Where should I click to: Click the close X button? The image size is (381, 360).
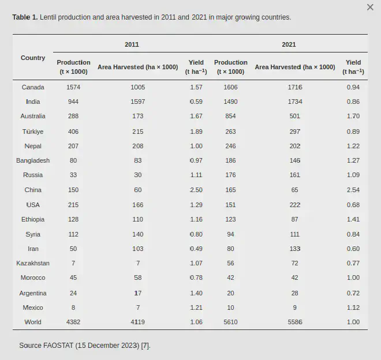point(370,7)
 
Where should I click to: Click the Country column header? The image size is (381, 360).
point(33,58)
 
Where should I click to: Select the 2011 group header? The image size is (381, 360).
point(132,44)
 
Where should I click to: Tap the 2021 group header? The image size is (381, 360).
point(289,44)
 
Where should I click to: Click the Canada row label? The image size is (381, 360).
point(33,87)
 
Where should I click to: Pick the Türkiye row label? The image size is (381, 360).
point(33,132)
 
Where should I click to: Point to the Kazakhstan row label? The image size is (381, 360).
point(33,263)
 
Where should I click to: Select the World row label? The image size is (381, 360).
point(33,322)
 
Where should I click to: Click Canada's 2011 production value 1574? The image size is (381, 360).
point(73,87)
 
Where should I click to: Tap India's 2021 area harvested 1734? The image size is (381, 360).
point(295,102)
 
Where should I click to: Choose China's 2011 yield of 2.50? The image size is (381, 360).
point(196,190)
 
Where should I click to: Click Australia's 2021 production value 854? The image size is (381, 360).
point(230,116)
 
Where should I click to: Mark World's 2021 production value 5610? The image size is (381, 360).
point(230,322)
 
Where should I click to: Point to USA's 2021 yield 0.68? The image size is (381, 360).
point(353,205)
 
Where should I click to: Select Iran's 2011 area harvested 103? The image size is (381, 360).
point(137,249)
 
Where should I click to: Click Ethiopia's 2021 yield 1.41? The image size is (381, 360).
point(353,219)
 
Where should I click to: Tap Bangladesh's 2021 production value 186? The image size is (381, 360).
point(230,160)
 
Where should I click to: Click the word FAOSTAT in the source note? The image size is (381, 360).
point(58,346)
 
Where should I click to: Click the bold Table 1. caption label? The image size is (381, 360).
point(25,17)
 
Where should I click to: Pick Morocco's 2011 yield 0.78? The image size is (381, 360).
point(196,277)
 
